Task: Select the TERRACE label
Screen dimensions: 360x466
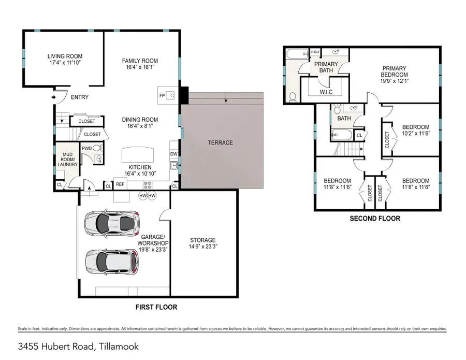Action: tap(221, 142)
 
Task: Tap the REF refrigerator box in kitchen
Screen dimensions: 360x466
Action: tap(120, 184)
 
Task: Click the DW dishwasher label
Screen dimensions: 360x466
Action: tap(174, 154)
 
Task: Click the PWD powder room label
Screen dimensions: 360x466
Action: tap(86, 148)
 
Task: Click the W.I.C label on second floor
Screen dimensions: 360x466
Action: tap(326, 92)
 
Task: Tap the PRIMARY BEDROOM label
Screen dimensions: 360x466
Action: tap(394, 74)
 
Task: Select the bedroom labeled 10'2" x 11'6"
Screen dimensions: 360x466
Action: tap(416, 130)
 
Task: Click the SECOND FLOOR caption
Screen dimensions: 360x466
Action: tap(374, 219)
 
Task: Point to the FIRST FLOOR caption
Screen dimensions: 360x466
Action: tap(156, 307)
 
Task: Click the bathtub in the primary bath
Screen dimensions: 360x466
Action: tap(296, 53)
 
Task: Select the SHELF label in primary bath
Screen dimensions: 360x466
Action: tap(315, 52)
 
